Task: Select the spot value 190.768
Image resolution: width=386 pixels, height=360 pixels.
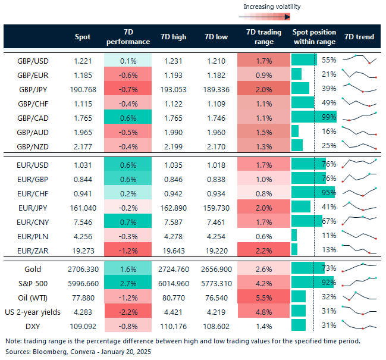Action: pyautogui.click(x=83, y=89)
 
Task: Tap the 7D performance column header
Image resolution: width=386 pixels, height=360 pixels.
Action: pyautogui.click(x=127, y=37)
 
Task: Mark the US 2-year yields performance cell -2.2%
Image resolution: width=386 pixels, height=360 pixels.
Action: pyautogui.click(x=127, y=311)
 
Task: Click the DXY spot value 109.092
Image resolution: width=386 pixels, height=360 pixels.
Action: pyautogui.click(x=83, y=325)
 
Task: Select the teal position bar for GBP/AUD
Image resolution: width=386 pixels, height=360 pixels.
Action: pyautogui.click(x=296, y=131)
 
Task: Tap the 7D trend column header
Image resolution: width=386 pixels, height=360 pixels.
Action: pyautogui.click(x=359, y=37)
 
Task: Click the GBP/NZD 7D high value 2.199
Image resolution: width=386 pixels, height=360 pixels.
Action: pyautogui.click(x=173, y=145)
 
